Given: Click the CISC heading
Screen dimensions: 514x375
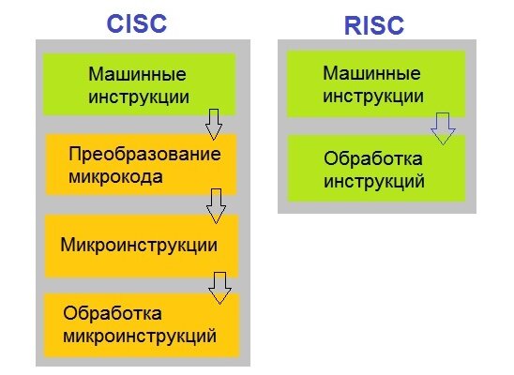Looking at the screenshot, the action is point(137,23).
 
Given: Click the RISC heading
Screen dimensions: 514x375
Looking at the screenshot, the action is point(374,25).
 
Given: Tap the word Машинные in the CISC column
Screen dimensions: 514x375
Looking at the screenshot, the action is point(137,74).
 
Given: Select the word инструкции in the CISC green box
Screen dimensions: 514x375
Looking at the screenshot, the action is point(139,97).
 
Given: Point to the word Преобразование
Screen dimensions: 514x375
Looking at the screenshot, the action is point(144,154).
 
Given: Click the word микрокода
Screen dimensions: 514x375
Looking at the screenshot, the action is point(115,177).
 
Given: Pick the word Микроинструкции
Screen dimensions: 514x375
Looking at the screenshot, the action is point(139,245).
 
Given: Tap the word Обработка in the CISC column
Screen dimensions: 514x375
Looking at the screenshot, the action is point(113,313).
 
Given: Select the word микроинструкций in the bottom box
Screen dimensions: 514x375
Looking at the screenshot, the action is point(140,337).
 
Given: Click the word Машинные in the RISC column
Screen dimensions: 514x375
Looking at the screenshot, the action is point(371,73).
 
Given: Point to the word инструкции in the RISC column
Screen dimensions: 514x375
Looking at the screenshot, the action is point(373,97).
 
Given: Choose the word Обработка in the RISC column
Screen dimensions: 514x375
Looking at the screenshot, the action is point(373,158).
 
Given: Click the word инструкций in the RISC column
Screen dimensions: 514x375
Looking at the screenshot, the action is point(374,182).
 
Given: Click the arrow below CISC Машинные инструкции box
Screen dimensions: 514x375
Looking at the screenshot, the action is point(214,125).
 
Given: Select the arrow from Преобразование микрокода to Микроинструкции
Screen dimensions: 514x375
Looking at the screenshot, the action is point(216,206).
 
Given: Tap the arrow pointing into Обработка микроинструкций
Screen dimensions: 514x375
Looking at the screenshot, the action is point(219,288).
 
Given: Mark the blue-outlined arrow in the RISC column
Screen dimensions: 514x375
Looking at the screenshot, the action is point(443,129).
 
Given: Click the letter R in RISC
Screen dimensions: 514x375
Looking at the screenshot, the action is point(353,25).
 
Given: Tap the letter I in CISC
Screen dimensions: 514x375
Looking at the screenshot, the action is point(128,23).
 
